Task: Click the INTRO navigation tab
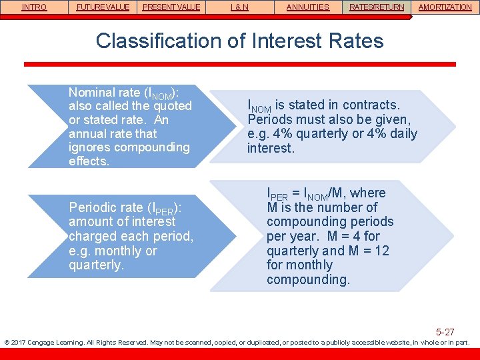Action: pyautogui.click(x=34, y=7)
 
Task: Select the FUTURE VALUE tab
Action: pyautogui.click(x=103, y=7)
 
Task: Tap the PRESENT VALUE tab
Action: pyautogui.click(x=171, y=7)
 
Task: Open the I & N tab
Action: pyautogui.click(x=239, y=7)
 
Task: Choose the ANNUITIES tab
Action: pyautogui.click(x=307, y=7)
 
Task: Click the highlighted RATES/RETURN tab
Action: pyautogui.click(x=377, y=7)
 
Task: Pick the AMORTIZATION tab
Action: pyautogui.click(x=445, y=7)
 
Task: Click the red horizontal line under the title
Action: pyautogui.click(x=239, y=64)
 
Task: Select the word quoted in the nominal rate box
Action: pyautogui.click(x=172, y=106)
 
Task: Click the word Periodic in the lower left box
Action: pyautogui.click(x=93, y=207)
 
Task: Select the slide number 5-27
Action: pyautogui.click(x=445, y=331)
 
